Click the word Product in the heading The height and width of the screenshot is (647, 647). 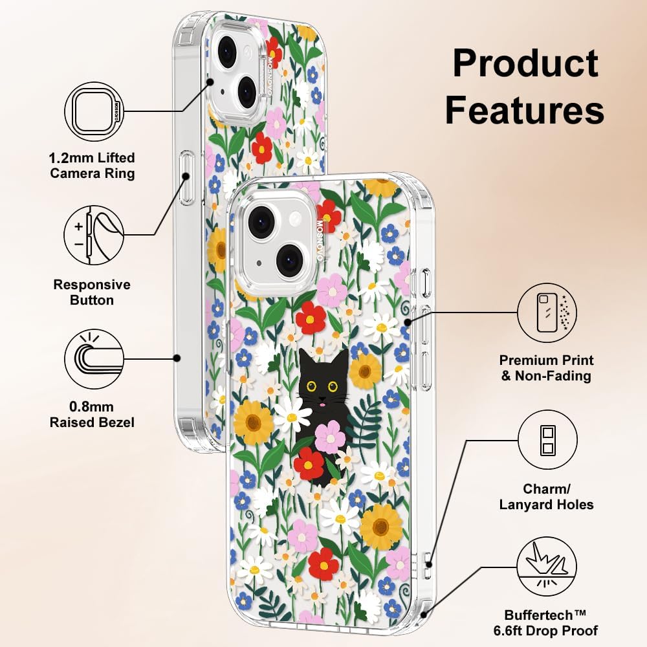pyautogui.click(x=525, y=63)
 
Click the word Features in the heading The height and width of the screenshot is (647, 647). pyautogui.click(x=525, y=109)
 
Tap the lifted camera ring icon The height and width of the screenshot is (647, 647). pyautogui.click(x=94, y=111)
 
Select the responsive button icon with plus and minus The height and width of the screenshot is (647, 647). pyautogui.click(x=94, y=236)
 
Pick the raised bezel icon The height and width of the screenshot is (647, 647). pyautogui.click(x=94, y=359)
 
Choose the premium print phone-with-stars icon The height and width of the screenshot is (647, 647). pyautogui.click(x=547, y=313)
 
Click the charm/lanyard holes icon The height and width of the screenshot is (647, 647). pyautogui.click(x=547, y=440)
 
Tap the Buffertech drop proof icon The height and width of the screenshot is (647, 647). pyautogui.click(x=547, y=567)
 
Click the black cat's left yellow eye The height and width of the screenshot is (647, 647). pyautogui.click(x=312, y=387)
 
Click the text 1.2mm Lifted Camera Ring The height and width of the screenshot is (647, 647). pyautogui.click(x=92, y=166)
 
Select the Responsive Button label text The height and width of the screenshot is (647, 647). pyautogui.click(x=92, y=292)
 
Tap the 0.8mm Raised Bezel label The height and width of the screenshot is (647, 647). pyautogui.click(x=92, y=415)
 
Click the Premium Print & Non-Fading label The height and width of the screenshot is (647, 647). pyautogui.click(x=546, y=368)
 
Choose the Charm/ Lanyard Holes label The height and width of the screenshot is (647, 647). pyautogui.click(x=546, y=497)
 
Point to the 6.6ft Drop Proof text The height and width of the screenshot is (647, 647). pyautogui.click(x=545, y=630)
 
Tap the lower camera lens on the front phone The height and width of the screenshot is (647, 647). pyautogui.click(x=290, y=260)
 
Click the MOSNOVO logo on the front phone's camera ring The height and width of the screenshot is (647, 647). pyautogui.click(x=320, y=239)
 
